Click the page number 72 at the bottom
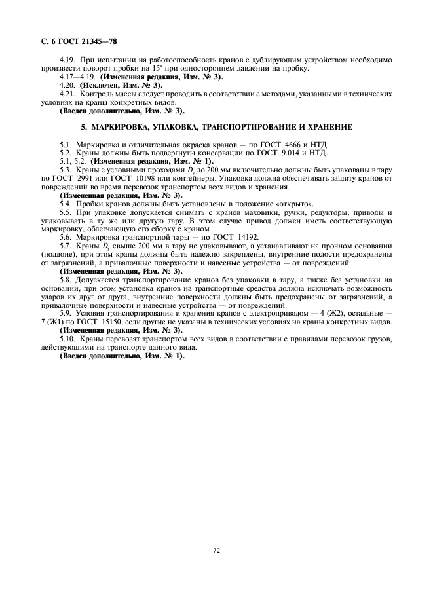(216, 551)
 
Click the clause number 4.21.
(68, 94)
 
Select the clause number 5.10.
(68, 339)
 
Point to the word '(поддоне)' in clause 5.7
(57, 254)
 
